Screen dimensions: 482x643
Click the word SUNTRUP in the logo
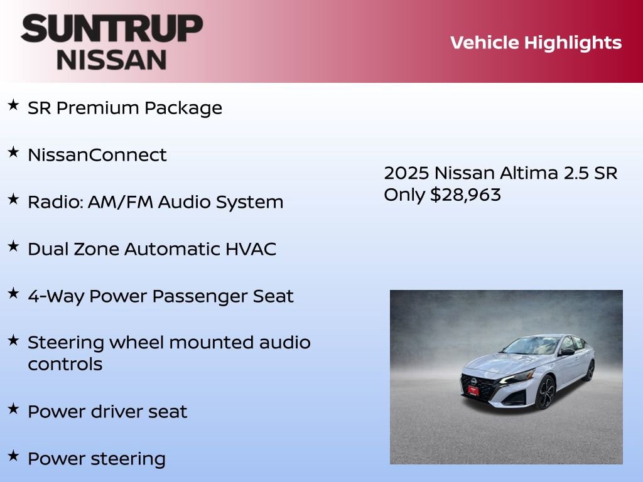[112, 29]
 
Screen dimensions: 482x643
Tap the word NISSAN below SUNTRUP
[112, 59]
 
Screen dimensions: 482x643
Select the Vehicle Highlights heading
[536, 43]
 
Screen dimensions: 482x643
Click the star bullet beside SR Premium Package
[13, 105]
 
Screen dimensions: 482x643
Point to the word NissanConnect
[97, 155]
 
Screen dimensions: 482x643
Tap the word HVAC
[251, 249]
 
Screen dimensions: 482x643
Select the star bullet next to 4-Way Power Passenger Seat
[13, 293]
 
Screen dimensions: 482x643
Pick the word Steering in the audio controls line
[66, 343]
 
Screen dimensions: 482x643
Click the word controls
[65, 364]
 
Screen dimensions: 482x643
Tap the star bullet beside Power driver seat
[13, 409]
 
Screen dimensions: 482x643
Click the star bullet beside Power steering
[13, 456]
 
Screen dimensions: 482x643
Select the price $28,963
[465, 195]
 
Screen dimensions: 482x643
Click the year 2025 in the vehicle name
[406, 173]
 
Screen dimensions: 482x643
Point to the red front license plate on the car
[473, 390]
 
